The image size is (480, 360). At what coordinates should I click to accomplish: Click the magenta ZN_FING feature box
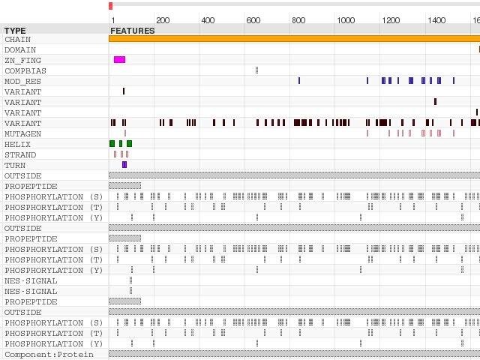[119, 59]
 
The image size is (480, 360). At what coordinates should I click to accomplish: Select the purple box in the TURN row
[124, 165]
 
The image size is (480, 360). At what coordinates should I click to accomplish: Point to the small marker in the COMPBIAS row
[256, 70]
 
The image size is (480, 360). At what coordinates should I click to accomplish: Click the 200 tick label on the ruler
[163, 20]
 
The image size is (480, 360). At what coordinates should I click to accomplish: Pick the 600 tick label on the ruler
[253, 20]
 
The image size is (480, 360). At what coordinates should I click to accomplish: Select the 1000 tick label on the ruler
[346, 20]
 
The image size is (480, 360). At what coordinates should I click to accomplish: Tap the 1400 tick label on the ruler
[436, 20]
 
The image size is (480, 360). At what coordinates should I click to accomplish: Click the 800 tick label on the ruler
[298, 20]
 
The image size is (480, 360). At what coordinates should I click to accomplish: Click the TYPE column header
[15, 31]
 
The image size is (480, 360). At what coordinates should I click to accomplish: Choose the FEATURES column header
[133, 31]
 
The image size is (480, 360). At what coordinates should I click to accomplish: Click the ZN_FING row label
[23, 60]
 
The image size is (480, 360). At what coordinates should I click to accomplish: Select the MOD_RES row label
[23, 81]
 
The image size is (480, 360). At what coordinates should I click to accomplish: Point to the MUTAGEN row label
[23, 133]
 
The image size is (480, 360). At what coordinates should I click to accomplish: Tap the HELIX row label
[18, 144]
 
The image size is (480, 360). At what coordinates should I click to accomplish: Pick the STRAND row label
[20, 154]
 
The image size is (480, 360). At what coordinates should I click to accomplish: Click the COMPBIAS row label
[25, 70]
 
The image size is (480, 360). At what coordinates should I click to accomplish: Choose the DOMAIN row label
[20, 49]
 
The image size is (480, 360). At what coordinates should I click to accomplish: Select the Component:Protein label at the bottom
[49, 354]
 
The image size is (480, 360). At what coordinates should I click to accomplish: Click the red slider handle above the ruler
[110, 5]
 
